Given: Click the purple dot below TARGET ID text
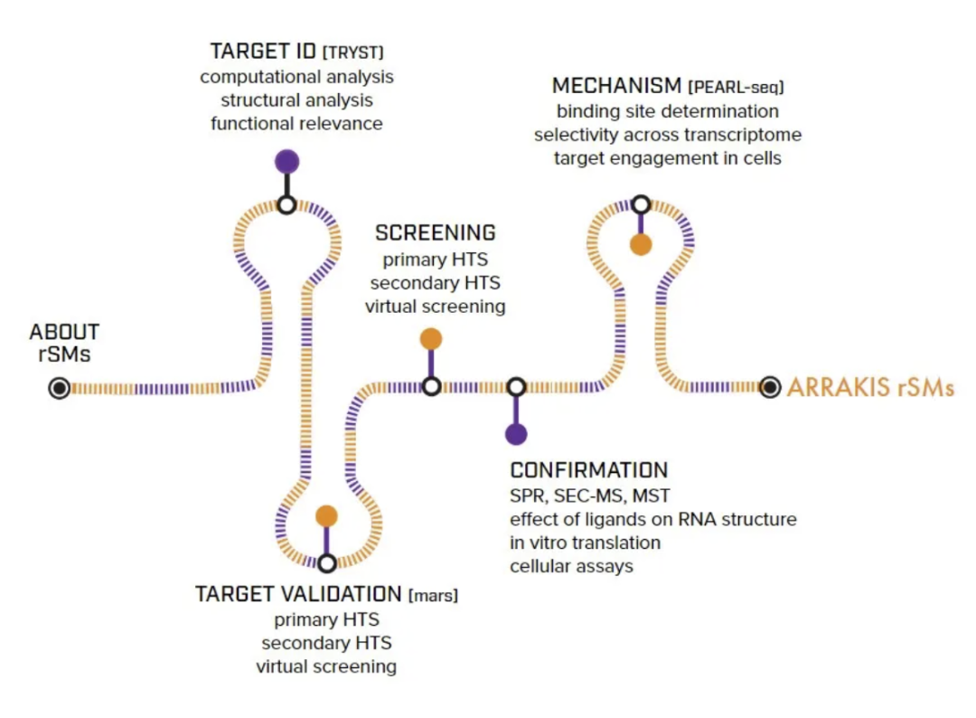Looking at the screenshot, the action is [x=287, y=162].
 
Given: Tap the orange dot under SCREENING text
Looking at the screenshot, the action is [x=431, y=339].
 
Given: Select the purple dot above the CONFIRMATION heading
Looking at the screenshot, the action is [x=516, y=434].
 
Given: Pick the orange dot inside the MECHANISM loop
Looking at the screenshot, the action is [x=641, y=245].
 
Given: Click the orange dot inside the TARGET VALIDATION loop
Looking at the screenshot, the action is [x=327, y=516].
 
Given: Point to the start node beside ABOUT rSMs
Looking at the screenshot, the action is [x=59, y=388].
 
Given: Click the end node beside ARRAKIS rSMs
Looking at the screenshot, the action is [x=770, y=387].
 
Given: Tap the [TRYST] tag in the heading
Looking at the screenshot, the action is [x=353, y=52].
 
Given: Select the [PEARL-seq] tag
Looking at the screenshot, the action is [x=736, y=87].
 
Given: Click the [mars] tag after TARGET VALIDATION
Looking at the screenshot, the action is [x=433, y=595].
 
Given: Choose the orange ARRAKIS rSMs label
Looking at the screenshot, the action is [x=870, y=387].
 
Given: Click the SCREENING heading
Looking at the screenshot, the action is [x=435, y=233].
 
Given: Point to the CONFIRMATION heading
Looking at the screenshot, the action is [x=589, y=469].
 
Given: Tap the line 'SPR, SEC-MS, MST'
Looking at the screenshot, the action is [x=589, y=496].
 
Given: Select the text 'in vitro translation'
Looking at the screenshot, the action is [x=585, y=543].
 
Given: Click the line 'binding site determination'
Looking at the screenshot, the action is [x=667, y=111].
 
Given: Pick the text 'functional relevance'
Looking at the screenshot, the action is [x=296, y=123].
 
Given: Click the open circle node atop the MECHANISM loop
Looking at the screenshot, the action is [x=641, y=204].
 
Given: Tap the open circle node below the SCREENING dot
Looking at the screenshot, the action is [x=431, y=387].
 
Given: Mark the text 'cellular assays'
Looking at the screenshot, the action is [x=571, y=566].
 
